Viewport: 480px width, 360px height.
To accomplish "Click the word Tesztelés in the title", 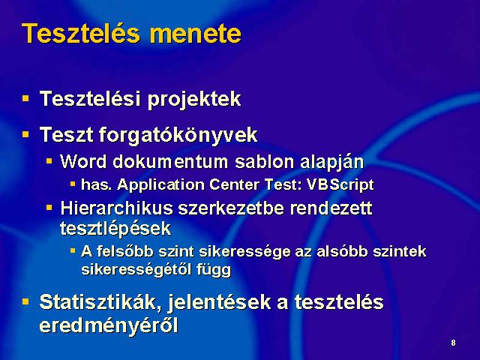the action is tap(81, 33).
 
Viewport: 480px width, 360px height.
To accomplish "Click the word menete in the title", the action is tap(196, 34).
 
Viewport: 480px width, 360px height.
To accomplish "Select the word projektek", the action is tap(194, 100).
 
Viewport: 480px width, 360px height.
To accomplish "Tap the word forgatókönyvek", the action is tap(178, 135).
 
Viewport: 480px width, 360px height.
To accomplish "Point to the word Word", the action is tap(83, 161).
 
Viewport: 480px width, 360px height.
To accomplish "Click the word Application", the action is tap(160, 185).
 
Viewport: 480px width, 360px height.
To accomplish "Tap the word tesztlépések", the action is tap(115, 229).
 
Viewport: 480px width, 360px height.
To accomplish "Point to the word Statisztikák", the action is tap(100, 302).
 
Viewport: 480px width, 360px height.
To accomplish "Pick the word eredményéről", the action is tap(109, 325).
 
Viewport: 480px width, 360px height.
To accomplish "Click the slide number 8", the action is tap(453, 343).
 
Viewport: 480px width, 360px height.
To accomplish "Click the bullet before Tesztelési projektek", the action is tap(25, 98).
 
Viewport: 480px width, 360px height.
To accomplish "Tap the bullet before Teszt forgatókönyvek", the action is tap(25, 134).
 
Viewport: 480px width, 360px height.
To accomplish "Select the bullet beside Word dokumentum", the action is tap(49, 160).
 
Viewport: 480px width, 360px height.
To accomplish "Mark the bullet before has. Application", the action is tap(73, 184).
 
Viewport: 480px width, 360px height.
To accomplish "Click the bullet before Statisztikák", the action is tap(25, 301).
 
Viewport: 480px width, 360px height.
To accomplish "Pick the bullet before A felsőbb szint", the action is tap(73, 251).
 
